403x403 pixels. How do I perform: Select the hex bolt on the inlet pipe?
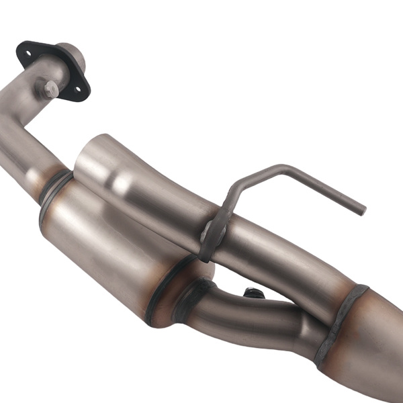tap(51, 87)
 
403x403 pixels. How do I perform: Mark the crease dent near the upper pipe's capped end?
tap(124, 181)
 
